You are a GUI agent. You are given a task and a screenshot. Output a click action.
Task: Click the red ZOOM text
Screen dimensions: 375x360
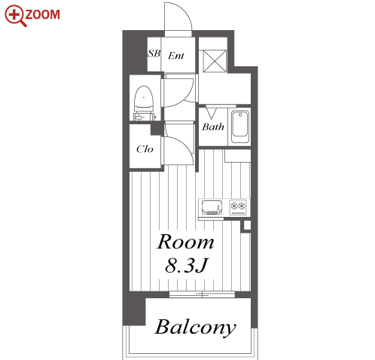click(42, 14)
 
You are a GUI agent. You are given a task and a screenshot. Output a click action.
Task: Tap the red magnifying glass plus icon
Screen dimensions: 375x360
click(15, 16)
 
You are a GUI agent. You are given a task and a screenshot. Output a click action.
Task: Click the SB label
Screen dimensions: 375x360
click(154, 53)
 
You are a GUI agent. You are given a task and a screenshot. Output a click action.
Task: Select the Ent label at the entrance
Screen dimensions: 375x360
click(176, 56)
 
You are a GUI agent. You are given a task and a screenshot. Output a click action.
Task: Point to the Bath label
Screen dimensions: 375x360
click(213, 127)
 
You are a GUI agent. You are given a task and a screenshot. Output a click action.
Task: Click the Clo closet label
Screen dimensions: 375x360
click(145, 149)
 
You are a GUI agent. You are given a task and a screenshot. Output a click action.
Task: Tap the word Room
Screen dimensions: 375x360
click(185, 242)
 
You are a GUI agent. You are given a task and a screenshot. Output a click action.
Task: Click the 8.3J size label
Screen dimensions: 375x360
click(186, 266)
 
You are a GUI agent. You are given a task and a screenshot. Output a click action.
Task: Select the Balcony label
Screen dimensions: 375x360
click(195, 328)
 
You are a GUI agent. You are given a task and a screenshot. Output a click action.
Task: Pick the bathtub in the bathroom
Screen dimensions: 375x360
click(240, 127)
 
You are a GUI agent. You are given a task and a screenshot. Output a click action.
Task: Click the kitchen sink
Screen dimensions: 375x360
click(212, 207)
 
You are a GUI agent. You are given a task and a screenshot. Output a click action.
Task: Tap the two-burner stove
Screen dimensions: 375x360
click(238, 207)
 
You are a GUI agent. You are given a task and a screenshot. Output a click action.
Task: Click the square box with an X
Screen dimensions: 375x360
click(215, 61)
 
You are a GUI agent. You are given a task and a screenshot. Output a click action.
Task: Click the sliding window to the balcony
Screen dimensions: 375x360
click(202, 294)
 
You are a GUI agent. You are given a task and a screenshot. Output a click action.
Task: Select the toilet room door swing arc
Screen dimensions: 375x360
click(186, 99)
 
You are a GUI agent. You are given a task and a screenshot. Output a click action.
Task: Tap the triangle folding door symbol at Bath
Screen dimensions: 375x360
click(212, 113)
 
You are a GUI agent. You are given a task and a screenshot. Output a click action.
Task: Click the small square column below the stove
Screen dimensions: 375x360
click(247, 225)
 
